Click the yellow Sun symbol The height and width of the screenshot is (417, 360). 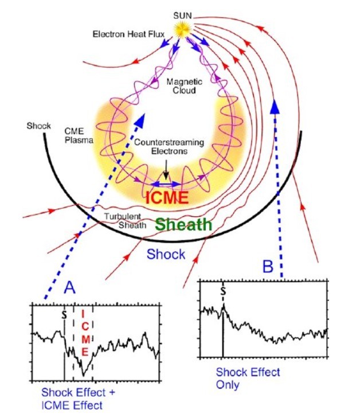pos(183,29)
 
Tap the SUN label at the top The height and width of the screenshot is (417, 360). pos(182,16)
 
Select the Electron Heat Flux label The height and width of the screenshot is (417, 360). pos(128,34)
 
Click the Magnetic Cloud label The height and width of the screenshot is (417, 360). pos(184,86)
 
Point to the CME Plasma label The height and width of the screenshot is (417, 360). pos(79,135)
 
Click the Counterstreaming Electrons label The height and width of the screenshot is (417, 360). pos(169,146)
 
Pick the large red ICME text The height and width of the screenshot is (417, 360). pos(167,197)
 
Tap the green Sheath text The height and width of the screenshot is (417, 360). pos(183,224)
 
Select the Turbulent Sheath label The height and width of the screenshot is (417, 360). pos(125,221)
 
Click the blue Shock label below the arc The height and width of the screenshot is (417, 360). pos(166,254)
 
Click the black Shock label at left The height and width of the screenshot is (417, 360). pos(38,126)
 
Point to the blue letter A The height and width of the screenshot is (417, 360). pos(70,287)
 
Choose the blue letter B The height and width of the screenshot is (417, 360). pos(268,267)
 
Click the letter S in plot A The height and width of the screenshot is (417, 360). pos(64,315)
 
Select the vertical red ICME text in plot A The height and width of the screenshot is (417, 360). pos(84,333)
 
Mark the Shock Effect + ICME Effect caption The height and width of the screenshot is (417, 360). pos(78,399)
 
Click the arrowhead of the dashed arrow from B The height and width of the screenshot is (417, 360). pos(275,107)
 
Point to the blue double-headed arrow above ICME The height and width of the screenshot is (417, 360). pos(166,184)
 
